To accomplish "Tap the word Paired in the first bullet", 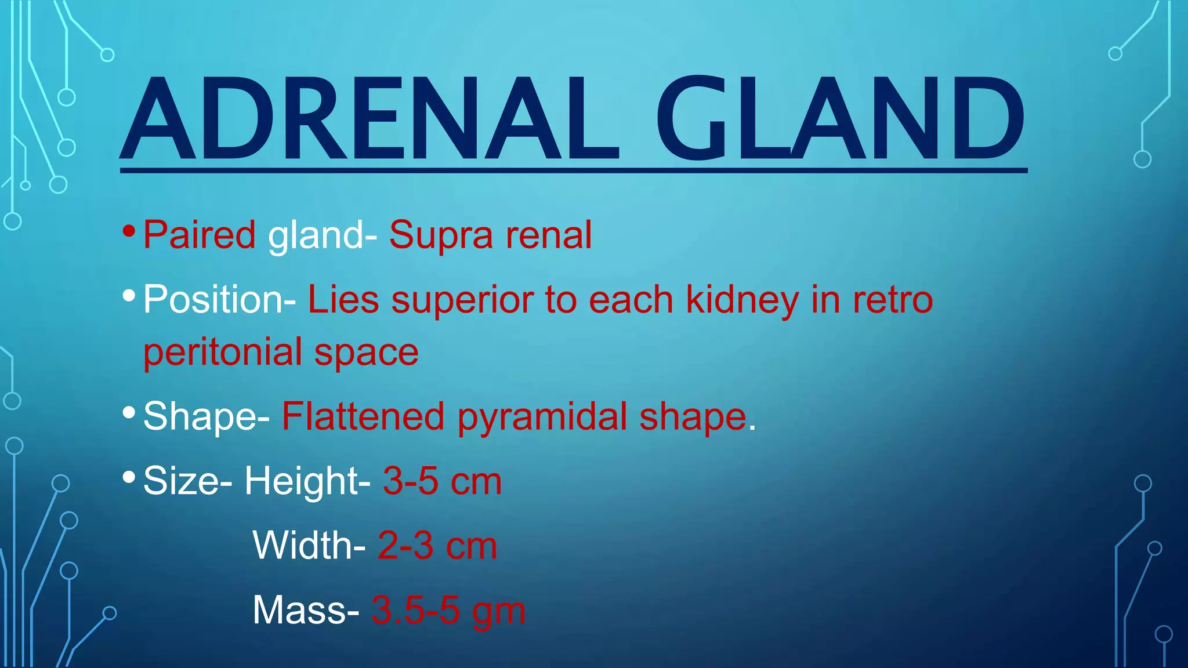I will [x=199, y=235].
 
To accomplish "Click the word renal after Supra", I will [x=548, y=235].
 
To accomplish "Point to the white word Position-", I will [x=219, y=300].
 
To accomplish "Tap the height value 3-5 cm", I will [x=442, y=481].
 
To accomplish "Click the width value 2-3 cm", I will [x=437, y=546].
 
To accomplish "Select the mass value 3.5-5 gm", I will [x=448, y=611].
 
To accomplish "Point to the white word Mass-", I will [x=306, y=611].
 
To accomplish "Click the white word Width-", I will [x=309, y=546].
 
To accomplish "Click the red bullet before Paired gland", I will [x=129, y=232].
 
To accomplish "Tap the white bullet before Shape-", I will [x=129, y=413].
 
